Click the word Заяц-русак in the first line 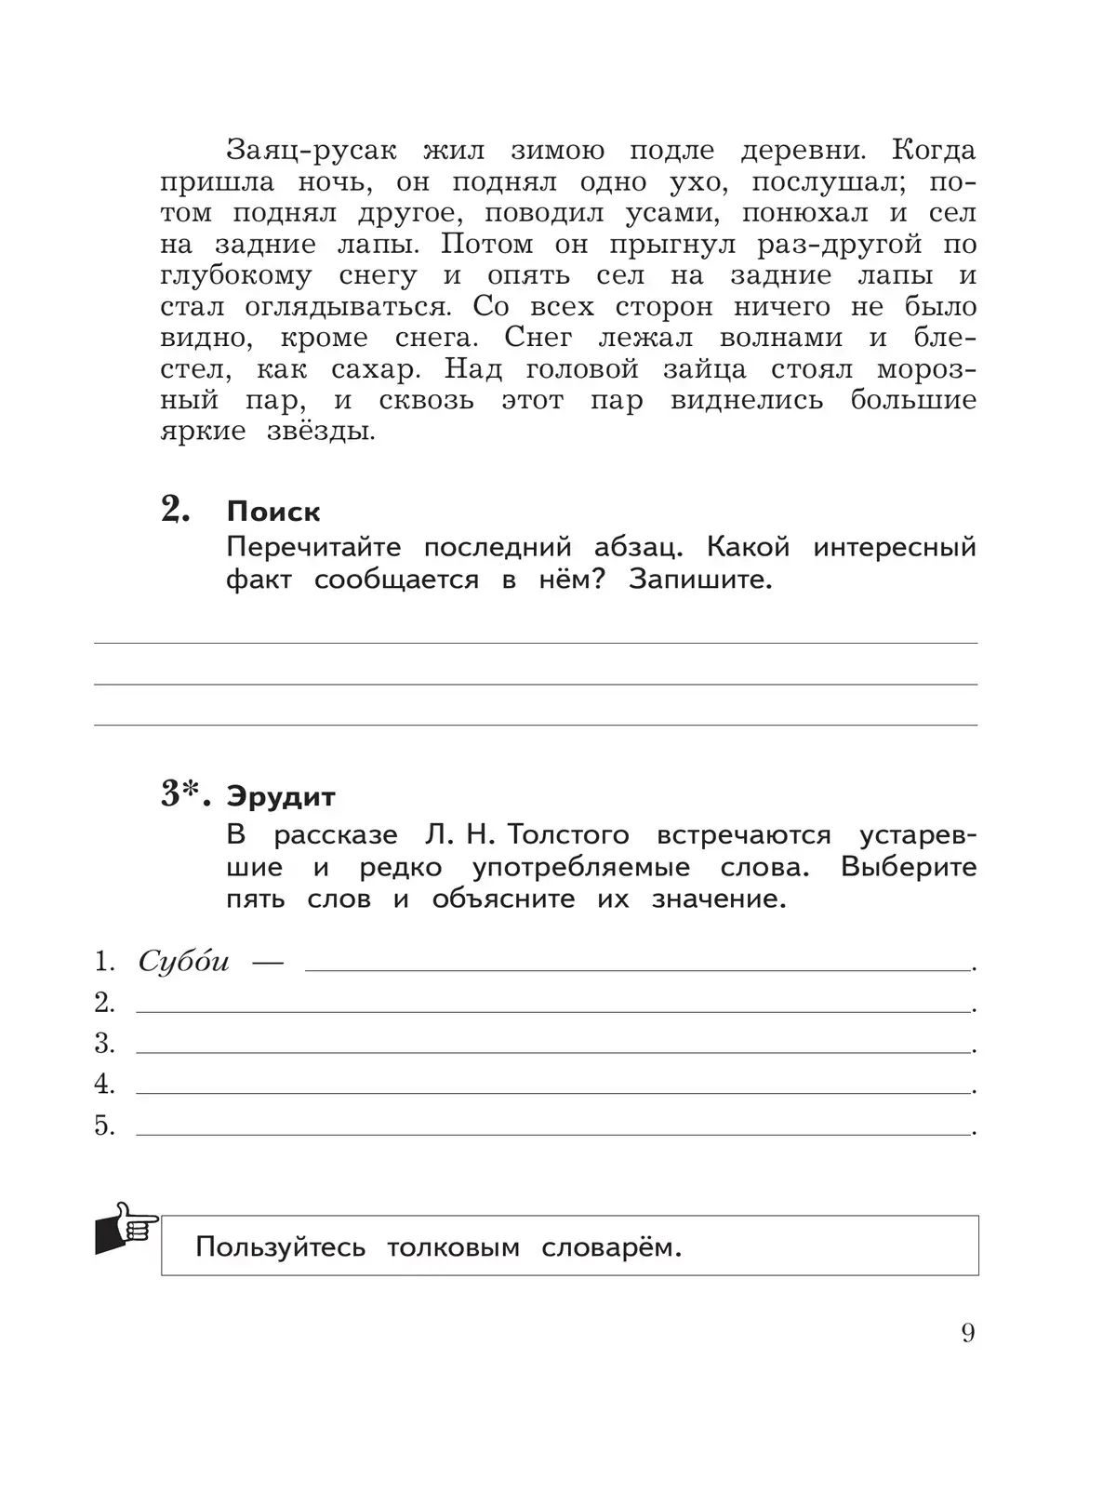312,151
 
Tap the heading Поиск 273,512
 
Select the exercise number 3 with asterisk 186,795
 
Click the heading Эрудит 281,797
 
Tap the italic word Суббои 183,962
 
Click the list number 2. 104,1003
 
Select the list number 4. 104,1085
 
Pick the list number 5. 104,1126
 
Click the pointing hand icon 126,1230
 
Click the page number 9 968,1333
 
